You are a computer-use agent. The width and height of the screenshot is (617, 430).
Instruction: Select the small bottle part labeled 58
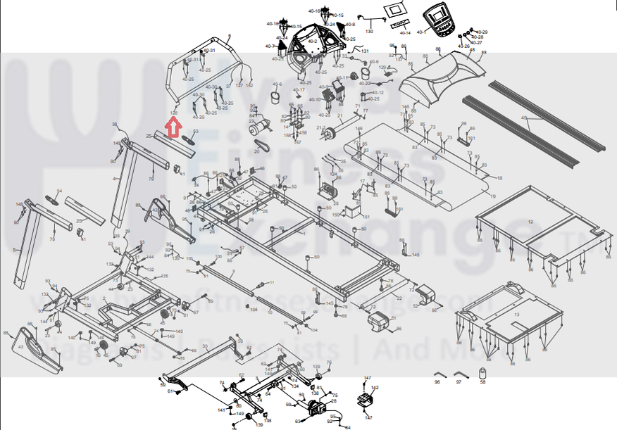click(482, 372)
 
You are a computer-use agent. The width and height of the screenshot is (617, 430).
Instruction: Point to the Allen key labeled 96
click(437, 372)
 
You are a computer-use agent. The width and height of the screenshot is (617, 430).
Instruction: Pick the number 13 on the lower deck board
click(517, 314)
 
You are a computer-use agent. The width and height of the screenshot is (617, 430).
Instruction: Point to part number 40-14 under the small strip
click(405, 33)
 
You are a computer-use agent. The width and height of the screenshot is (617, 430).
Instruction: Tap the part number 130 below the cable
click(368, 32)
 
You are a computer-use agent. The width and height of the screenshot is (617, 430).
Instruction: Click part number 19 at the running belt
click(493, 196)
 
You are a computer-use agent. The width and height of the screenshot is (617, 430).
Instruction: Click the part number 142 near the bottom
click(375, 388)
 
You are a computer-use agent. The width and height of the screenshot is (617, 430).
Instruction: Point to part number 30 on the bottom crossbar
click(204, 346)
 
